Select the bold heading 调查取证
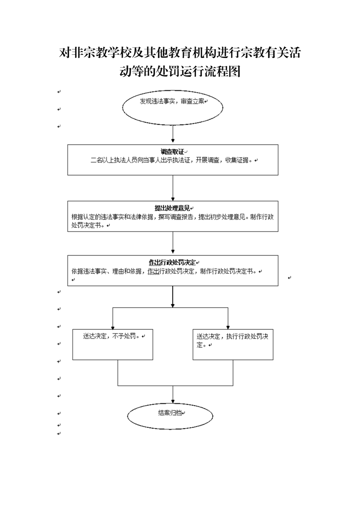coord(172,152)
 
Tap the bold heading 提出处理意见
coord(172,208)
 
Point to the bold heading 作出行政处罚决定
coord(172,262)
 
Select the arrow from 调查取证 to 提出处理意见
coord(173,188)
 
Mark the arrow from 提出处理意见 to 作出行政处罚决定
coord(173,243)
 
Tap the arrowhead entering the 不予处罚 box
coord(112,328)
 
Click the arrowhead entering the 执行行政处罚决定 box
coord(228,328)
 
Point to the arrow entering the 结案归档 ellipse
coord(173,394)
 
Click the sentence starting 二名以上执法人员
coord(171,160)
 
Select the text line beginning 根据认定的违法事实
coord(173,217)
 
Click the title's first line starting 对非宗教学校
coord(180,53)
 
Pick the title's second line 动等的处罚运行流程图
coord(180,71)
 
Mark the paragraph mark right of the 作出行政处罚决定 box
coord(290,278)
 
